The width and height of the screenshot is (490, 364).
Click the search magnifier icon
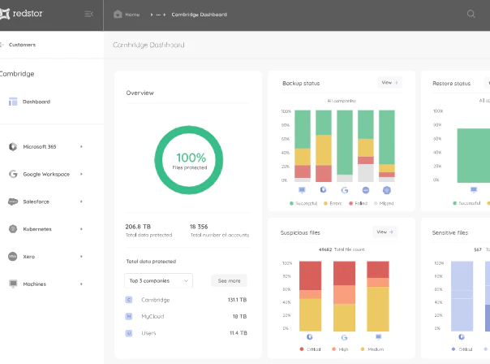pyautogui.click(x=471, y=14)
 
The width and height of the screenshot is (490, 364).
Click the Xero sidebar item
pyautogui.click(x=29, y=257)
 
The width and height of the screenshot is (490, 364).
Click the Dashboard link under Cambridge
pyautogui.click(x=36, y=102)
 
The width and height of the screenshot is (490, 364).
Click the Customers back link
pyautogui.click(x=22, y=45)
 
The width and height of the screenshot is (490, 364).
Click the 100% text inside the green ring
pyautogui.click(x=191, y=158)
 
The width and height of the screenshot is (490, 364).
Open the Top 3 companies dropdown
pyautogui.click(x=158, y=280)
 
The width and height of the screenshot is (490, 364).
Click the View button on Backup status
pyautogui.click(x=389, y=83)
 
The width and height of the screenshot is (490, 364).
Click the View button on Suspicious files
pyautogui.click(x=385, y=232)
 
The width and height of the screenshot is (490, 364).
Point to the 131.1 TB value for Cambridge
pyautogui.click(x=237, y=300)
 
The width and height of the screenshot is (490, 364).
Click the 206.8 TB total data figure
pyautogui.click(x=138, y=226)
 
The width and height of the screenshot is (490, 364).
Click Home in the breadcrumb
pyautogui.click(x=132, y=15)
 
